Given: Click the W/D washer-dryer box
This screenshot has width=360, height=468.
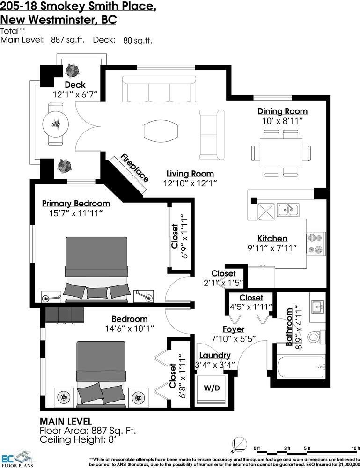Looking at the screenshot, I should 211,388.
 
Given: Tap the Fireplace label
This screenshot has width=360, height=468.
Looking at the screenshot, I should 135,168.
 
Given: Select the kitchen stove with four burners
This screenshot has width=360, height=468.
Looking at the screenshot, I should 316,243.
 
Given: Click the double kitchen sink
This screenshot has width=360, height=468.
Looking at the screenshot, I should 288,209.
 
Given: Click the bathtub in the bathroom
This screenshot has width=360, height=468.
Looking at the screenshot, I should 300,367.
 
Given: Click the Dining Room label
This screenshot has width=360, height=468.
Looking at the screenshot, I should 282,111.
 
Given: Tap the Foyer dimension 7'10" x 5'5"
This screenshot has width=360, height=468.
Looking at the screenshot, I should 233,339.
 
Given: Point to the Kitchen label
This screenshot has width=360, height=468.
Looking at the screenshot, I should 272,238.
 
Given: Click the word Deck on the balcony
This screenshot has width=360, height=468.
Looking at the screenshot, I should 75,85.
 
